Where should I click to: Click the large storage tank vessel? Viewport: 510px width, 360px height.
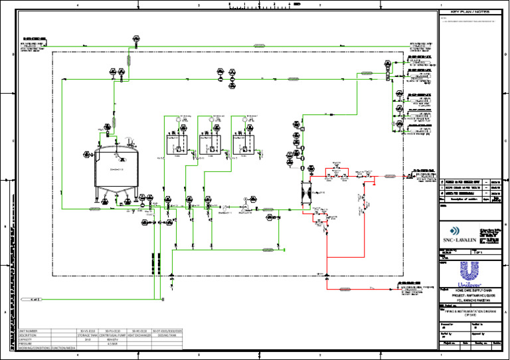pyautogui.click(x=118, y=169)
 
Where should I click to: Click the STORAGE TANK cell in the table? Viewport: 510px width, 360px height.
pyautogui.click(x=87, y=334)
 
